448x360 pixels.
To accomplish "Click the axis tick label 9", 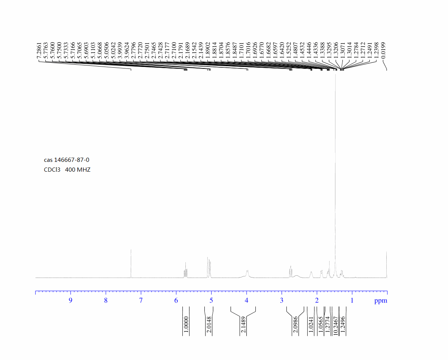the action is pos(71,300).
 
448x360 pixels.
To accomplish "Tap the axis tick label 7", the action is pos(141,300).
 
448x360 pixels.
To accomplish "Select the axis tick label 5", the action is pos(211,300).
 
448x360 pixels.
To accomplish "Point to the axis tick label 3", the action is pos(282,300).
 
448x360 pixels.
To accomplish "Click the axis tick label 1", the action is pos(352,300).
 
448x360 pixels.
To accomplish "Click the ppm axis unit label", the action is pos(381,301).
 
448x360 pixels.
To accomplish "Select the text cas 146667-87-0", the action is pos(67,160).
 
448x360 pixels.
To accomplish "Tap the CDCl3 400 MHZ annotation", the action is pos(67,169).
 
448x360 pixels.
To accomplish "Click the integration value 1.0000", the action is pos(186,324).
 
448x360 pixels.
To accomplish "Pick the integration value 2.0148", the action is pos(209,324).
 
